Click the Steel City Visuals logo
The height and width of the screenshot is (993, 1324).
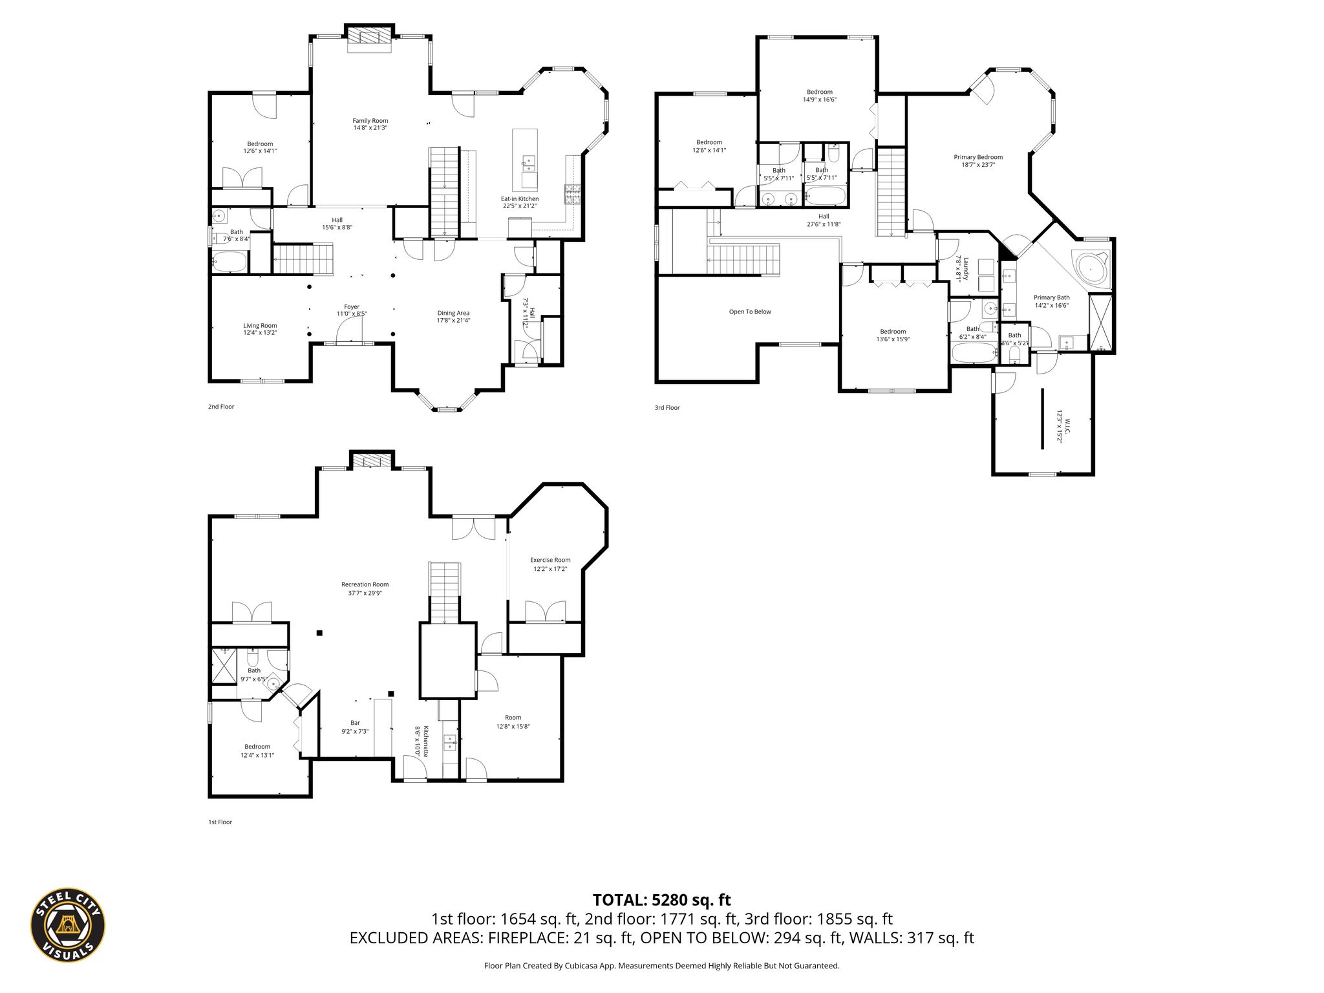tap(68, 924)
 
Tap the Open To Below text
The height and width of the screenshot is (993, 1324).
tap(750, 312)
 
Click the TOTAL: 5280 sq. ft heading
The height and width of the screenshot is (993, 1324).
tap(661, 899)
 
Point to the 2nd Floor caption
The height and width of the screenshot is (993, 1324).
tap(221, 407)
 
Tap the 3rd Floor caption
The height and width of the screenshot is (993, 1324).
tap(667, 407)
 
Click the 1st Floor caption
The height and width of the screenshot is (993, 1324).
tap(220, 822)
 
